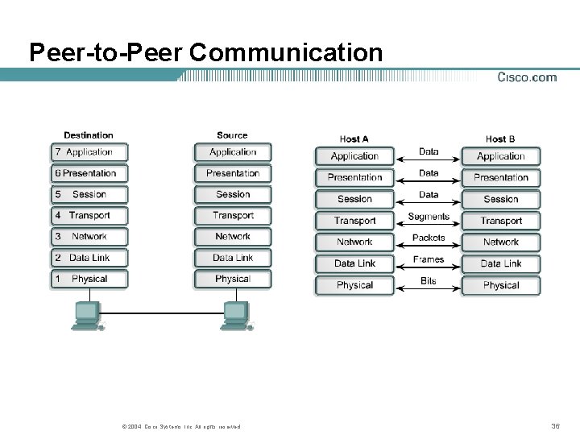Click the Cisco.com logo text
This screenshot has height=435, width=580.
coord(527,77)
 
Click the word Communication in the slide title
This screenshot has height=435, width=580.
coord(287,52)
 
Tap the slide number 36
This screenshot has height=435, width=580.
coord(555,425)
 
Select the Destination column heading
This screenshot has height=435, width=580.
coord(89,135)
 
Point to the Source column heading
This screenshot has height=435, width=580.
coord(232,135)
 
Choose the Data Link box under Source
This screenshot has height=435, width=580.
coord(233,258)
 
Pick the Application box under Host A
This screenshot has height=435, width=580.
coord(354,156)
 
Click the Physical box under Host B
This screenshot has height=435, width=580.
coord(501,285)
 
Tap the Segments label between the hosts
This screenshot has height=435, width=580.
coord(429,217)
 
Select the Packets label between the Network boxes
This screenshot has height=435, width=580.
coord(429,238)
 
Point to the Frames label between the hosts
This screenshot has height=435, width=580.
coord(429,259)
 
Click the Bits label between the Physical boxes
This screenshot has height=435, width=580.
coord(429,280)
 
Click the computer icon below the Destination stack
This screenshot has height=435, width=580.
coord(87,315)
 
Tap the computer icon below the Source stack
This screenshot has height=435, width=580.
coord(236,315)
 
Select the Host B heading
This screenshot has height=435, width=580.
coord(500,139)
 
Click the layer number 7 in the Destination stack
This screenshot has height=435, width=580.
coord(58,152)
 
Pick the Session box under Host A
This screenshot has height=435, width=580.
coord(354,199)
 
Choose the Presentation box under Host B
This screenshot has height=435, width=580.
coord(501,177)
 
